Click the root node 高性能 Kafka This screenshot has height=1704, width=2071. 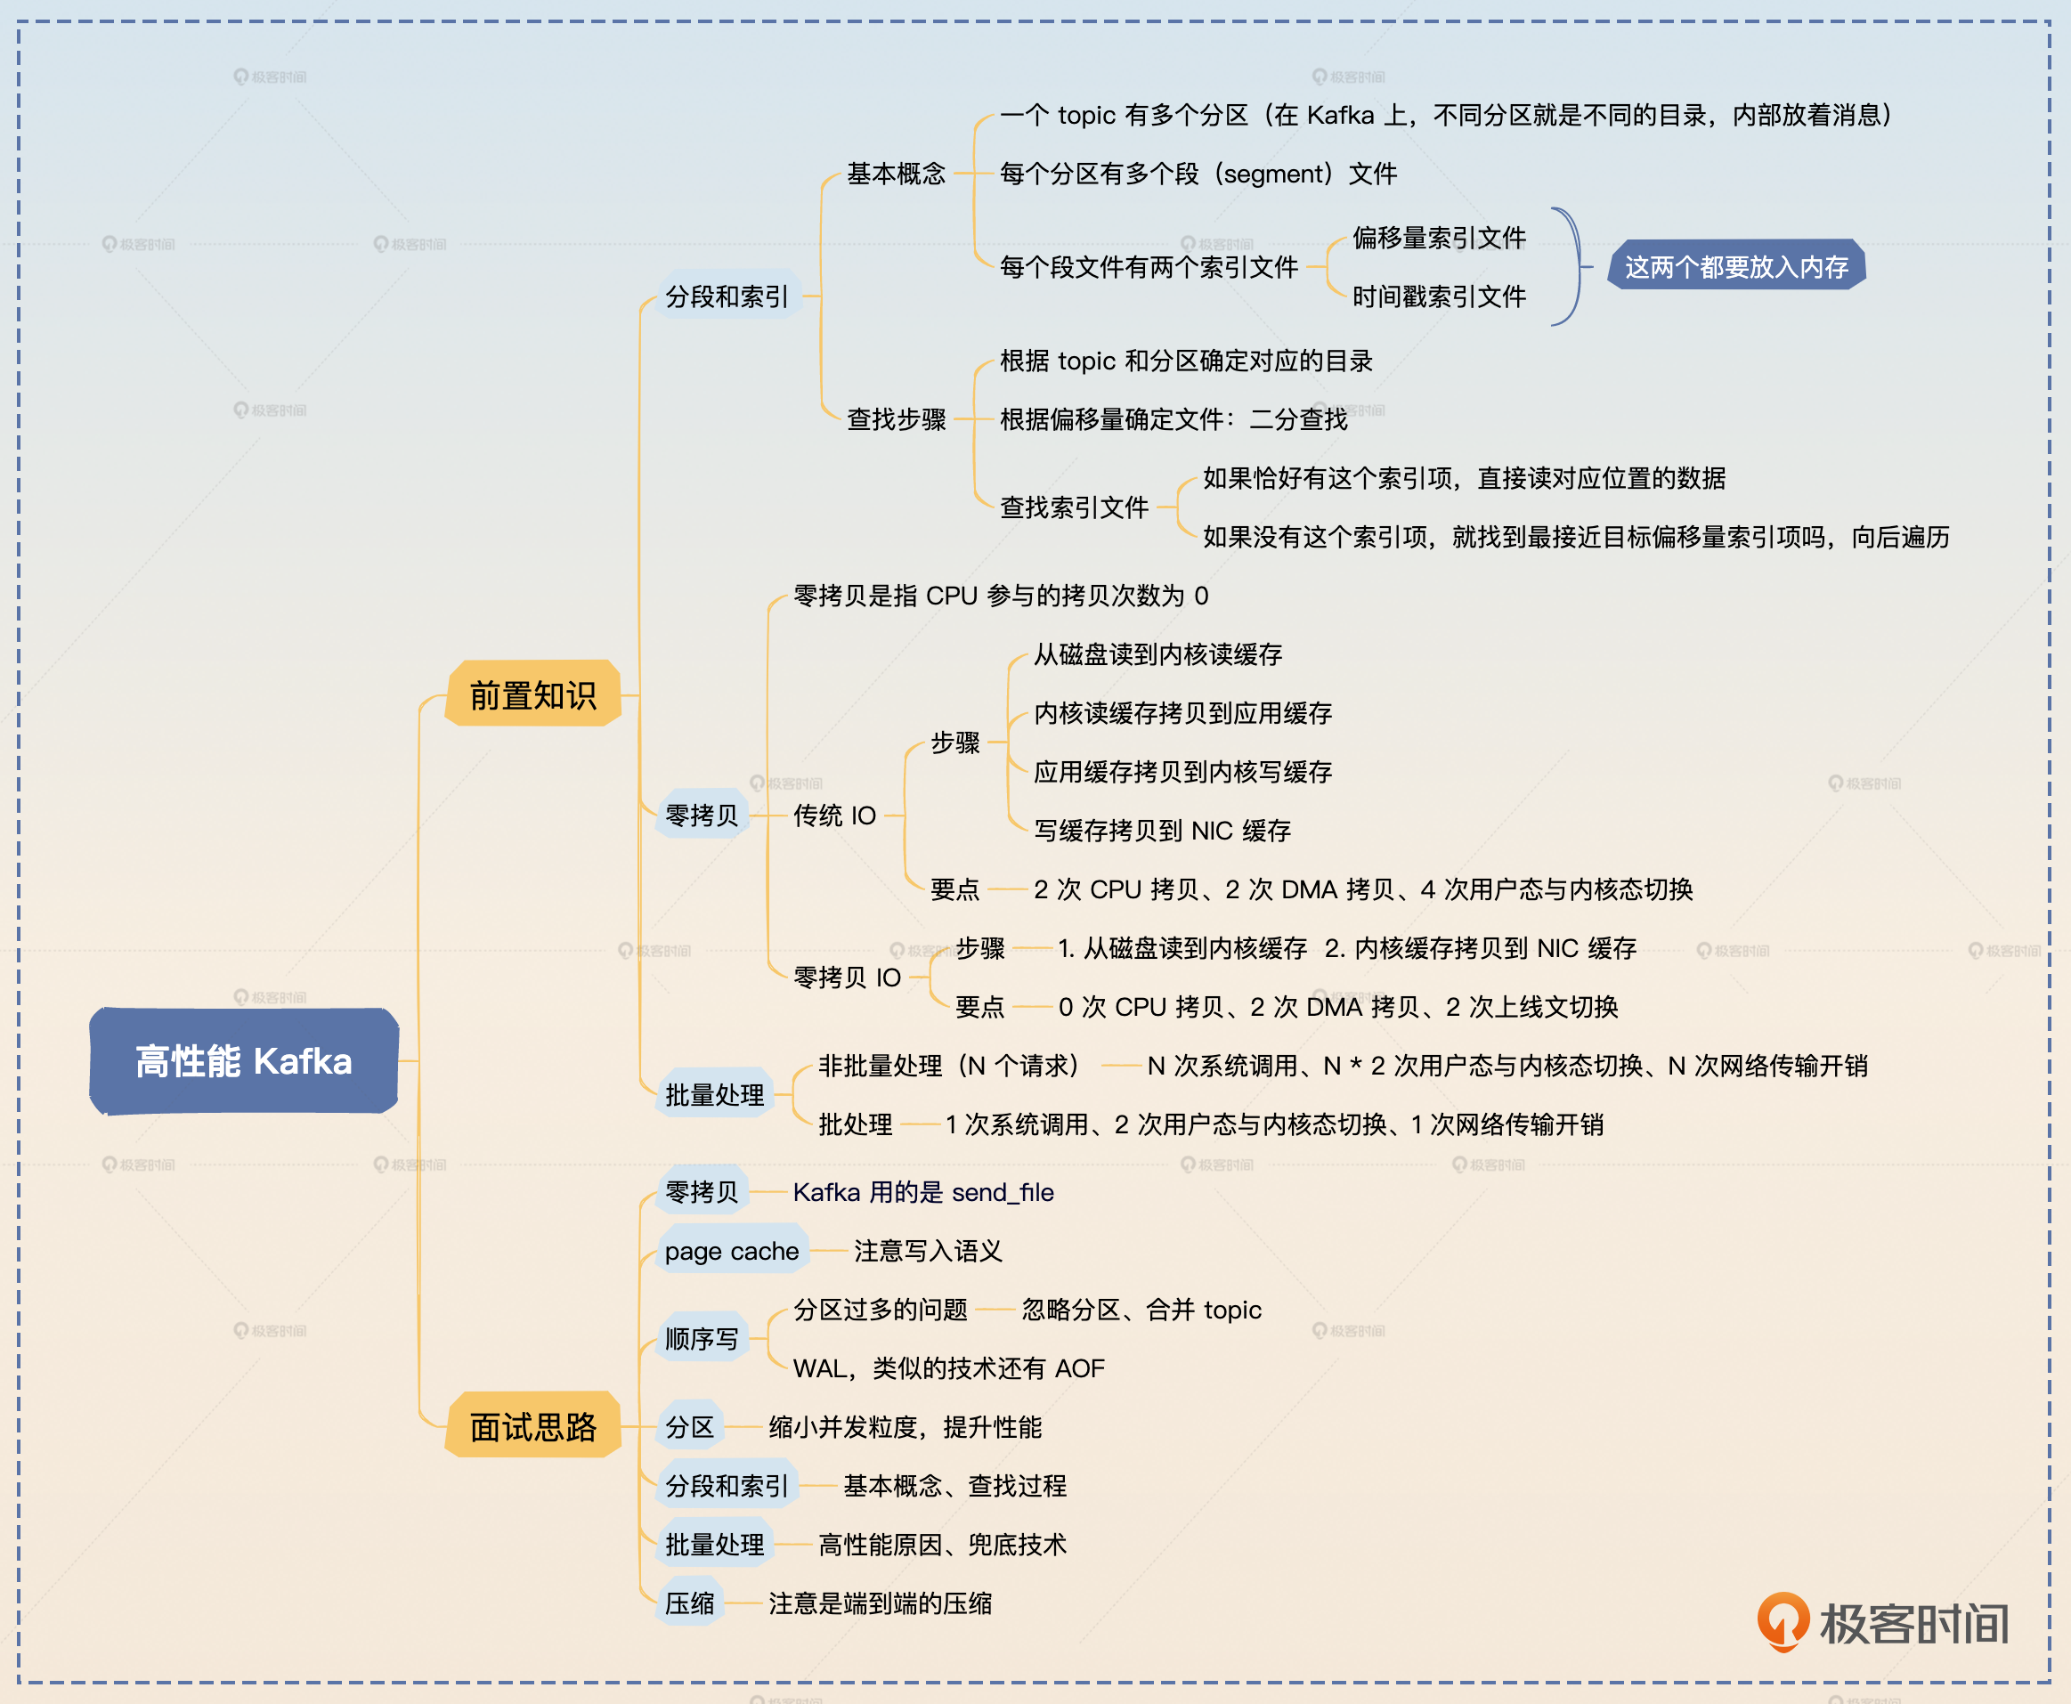coord(243,1061)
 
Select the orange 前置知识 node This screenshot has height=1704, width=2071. coord(533,695)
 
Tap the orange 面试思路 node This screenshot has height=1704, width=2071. coord(533,1426)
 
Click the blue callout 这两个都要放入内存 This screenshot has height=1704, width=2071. coord(1735,267)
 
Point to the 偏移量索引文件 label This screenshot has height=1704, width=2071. coord(1439,238)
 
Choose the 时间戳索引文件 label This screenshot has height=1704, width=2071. coord(1439,296)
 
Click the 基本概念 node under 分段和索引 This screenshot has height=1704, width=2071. coord(896,174)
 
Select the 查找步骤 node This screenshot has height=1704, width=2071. coord(896,419)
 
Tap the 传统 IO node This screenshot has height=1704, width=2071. coord(834,815)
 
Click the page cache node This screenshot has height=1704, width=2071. coord(731,1251)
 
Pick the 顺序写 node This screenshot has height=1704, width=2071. coord(702,1339)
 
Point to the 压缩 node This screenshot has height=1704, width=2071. coord(690,1603)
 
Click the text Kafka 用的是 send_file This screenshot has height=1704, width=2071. coord(922,1193)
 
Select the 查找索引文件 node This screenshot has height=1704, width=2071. coord(1074,507)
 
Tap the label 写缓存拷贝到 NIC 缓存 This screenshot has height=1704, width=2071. coord(1162,831)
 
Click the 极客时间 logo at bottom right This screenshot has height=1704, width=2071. coord(1882,1622)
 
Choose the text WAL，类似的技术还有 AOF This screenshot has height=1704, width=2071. coord(948,1368)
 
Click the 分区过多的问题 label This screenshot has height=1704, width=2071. coord(881,1310)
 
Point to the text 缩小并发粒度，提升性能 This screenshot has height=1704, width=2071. coord(905,1427)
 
